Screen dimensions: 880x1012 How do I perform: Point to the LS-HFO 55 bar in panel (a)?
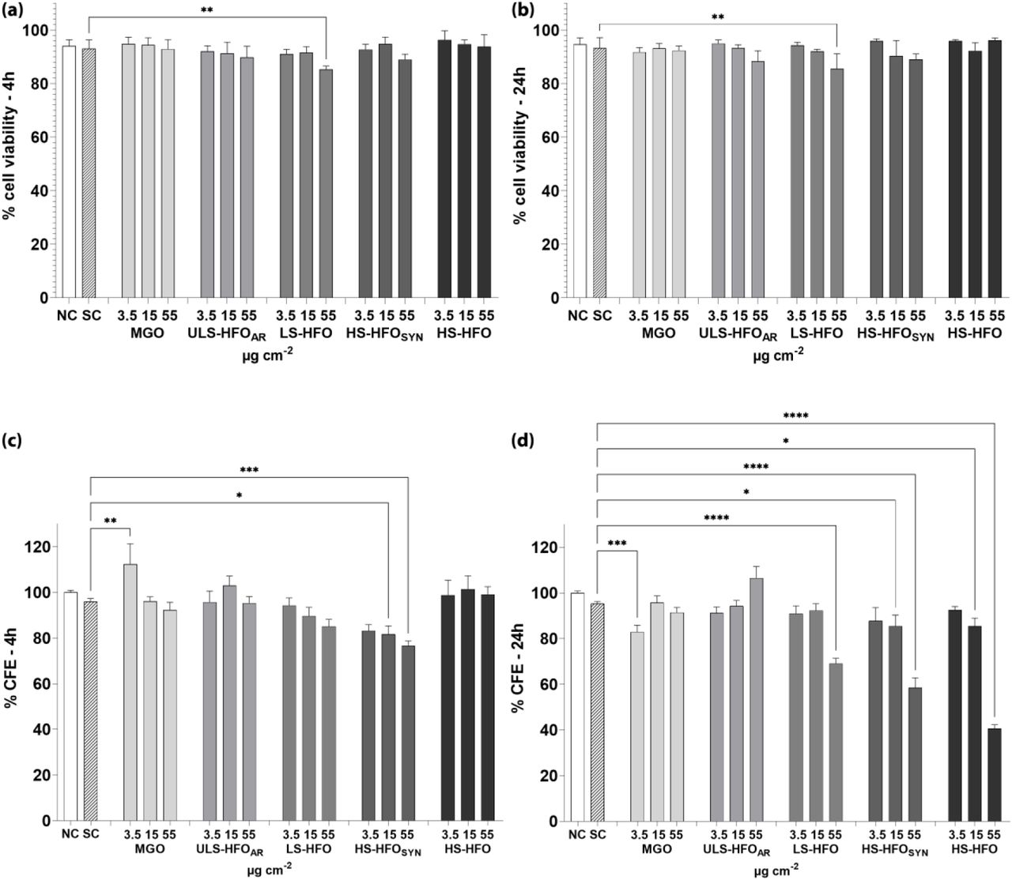coord(326,183)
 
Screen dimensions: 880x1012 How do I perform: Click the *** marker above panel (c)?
coord(250,470)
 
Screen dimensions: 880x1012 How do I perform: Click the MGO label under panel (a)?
coord(149,333)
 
